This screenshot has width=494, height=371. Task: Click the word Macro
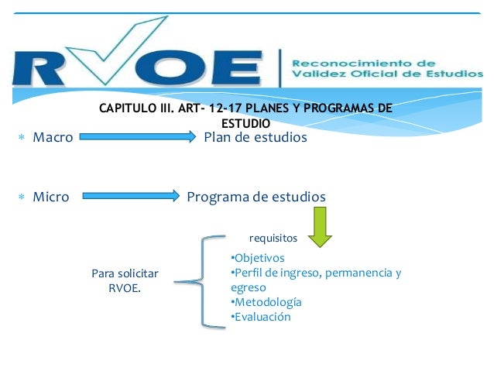click(53, 137)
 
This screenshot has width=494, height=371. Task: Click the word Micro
click(51, 197)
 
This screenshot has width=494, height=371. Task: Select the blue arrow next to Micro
click(132, 197)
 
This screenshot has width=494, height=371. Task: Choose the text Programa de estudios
click(256, 197)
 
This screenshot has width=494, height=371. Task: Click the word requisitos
click(273, 239)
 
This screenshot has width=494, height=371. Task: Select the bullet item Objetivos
click(259, 258)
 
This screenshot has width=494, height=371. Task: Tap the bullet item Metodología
click(267, 302)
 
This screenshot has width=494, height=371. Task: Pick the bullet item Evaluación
click(262, 317)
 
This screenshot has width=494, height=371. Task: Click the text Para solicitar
click(125, 273)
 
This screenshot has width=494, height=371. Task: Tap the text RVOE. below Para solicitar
click(125, 288)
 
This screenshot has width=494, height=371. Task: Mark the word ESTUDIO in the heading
click(245, 123)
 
